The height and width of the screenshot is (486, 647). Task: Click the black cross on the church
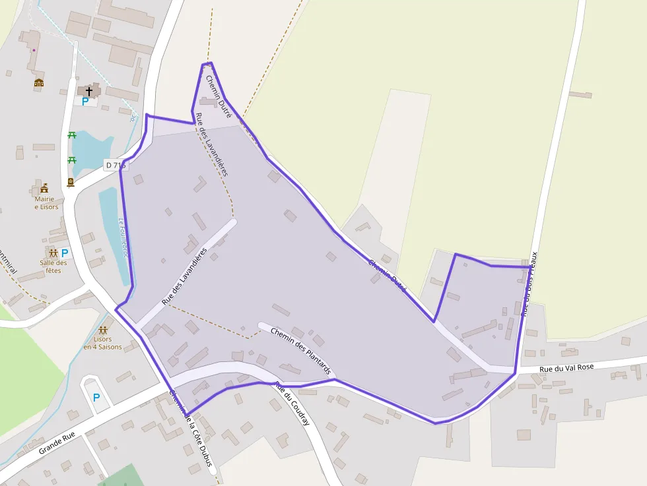88,90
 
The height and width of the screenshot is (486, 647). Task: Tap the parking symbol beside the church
85,102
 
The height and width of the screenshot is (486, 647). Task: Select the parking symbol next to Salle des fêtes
65,253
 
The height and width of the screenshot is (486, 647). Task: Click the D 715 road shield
114,165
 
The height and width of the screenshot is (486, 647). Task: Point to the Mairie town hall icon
44,189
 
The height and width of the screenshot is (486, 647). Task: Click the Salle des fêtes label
53,266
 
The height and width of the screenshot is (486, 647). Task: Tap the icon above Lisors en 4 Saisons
102,330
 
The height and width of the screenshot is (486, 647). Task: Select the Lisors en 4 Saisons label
102,343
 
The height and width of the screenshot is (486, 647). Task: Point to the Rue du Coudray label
292,404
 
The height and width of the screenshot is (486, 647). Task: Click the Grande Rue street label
57,442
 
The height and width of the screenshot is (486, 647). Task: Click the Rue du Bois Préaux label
529,284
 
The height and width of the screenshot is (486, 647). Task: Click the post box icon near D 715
70,183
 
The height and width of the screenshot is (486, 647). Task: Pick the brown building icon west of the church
39,83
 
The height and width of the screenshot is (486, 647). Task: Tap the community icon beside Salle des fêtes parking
52,253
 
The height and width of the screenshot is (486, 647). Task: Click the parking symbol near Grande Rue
96,398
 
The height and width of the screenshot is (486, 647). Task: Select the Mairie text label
45,198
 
